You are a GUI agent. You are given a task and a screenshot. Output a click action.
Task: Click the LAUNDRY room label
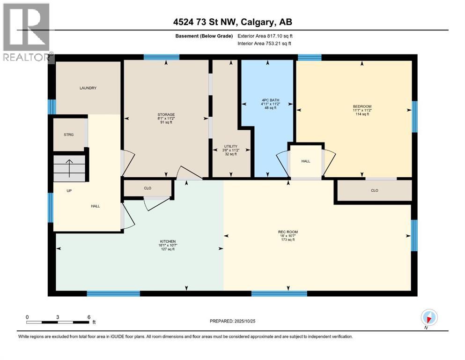click(x=88, y=88)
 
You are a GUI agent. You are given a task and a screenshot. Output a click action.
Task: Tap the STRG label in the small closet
click(x=68, y=135)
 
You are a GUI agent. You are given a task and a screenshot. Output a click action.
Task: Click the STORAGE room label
click(x=166, y=114)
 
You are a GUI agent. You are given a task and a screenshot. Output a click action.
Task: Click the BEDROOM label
click(x=362, y=106)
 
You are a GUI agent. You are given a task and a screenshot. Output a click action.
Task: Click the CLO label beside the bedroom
click(x=374, y=190)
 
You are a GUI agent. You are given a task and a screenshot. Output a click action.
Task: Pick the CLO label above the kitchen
click(x=147, y=188)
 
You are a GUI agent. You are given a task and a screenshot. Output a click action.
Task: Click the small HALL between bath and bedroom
click(x=306, y=161)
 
